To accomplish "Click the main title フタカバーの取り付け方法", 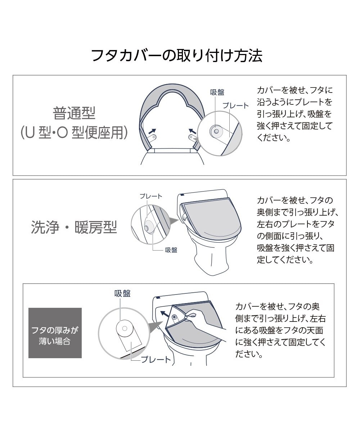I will [x=176, y=56].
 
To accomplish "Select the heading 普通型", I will [x=74, y=113].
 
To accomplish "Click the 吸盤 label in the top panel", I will [x=217, y=93].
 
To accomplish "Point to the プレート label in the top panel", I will [x=235, y=105].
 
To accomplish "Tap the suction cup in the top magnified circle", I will [x=216, y=131].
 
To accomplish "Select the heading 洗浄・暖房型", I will [x=74, y=228].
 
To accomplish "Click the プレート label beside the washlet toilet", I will [x=151, y=196].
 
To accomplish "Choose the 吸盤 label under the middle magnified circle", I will [x=171, y=250].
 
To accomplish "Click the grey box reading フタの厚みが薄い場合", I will [x=55, y=333].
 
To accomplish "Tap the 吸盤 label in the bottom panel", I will [x=122, y=293].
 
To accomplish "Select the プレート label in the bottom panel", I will [x=156, y=359].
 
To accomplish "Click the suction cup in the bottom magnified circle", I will [x=124, y=328].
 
